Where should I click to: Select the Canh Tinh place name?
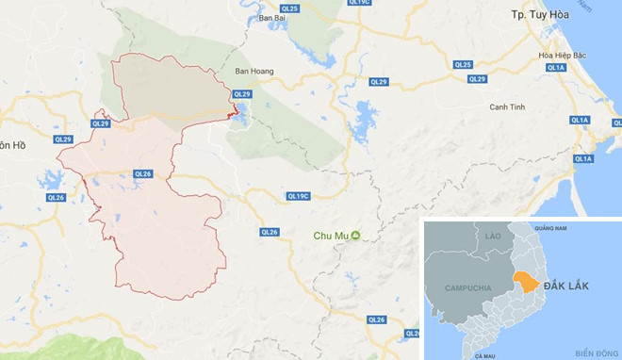[506, 106]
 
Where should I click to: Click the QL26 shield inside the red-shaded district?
[143, 173]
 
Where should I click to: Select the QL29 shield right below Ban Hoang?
[242, 94]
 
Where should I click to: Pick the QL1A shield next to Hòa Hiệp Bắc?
[555, 68]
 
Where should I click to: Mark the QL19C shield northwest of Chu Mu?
[299, 196]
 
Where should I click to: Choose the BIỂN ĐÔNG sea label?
[592, 352]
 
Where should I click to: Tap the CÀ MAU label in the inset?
[485, 355]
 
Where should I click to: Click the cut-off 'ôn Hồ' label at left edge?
[12, 145]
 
